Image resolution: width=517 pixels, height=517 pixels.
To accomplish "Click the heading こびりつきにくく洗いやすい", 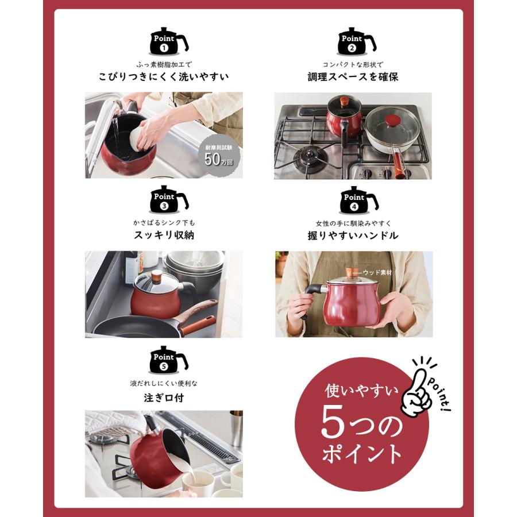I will pos(164,76).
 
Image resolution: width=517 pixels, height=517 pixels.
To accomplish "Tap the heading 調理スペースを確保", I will pos(353,76).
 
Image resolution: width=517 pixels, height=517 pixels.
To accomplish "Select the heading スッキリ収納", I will pos(164,236).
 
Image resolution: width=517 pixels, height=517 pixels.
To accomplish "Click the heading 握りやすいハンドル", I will pos(353,236).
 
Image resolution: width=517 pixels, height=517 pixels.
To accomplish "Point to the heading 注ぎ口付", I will pos(164,397).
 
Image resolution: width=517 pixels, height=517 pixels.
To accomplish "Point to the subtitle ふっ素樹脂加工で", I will pos(164,65).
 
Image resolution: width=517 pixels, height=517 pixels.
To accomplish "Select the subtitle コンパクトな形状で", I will pos(353,65).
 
